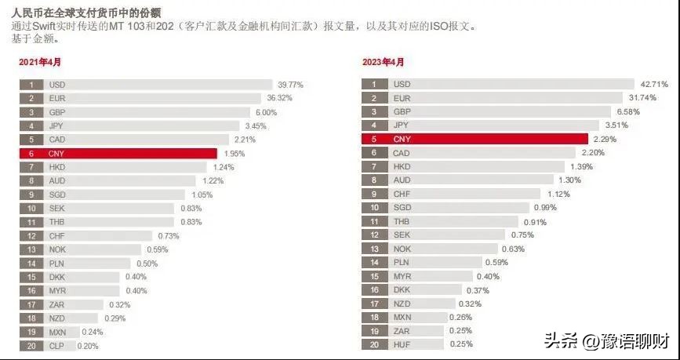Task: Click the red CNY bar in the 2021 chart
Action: pyautogui.click(x=118, y=153)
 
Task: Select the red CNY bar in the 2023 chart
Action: pyautogui.click(x=475, y=139)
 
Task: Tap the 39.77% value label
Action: pyautogui.click(x=290, y=85)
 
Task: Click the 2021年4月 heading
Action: pyautogui.click(x=40, y=63)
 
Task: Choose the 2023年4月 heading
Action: pyautogui.click(x=384, y=63)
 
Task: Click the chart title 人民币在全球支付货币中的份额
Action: pyautogui.click(x=86, y=12)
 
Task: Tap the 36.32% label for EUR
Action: pyautogui.click(x=279, y=98)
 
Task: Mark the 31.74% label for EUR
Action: pyautogui.click(x=641, y=98)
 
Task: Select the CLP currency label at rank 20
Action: pyautogui.click(x=56, y=346)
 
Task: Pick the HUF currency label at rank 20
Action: pyautogui.click(x=401, y=344)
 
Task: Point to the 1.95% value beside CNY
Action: pyautogui.click(x=234, y=154)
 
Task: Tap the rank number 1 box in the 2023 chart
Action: pyautogui.click(x=375, y=84)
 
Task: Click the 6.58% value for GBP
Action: pyautogui.click(x=627, y=111)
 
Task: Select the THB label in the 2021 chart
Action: pyautogui.click(x=56, y=222)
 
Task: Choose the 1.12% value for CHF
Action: pyautogui.click(x=558, y=194)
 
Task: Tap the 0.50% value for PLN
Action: pyautogui.click(x=147, y=264)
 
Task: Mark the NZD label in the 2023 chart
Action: pyautogui.click(x=401, y=304)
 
